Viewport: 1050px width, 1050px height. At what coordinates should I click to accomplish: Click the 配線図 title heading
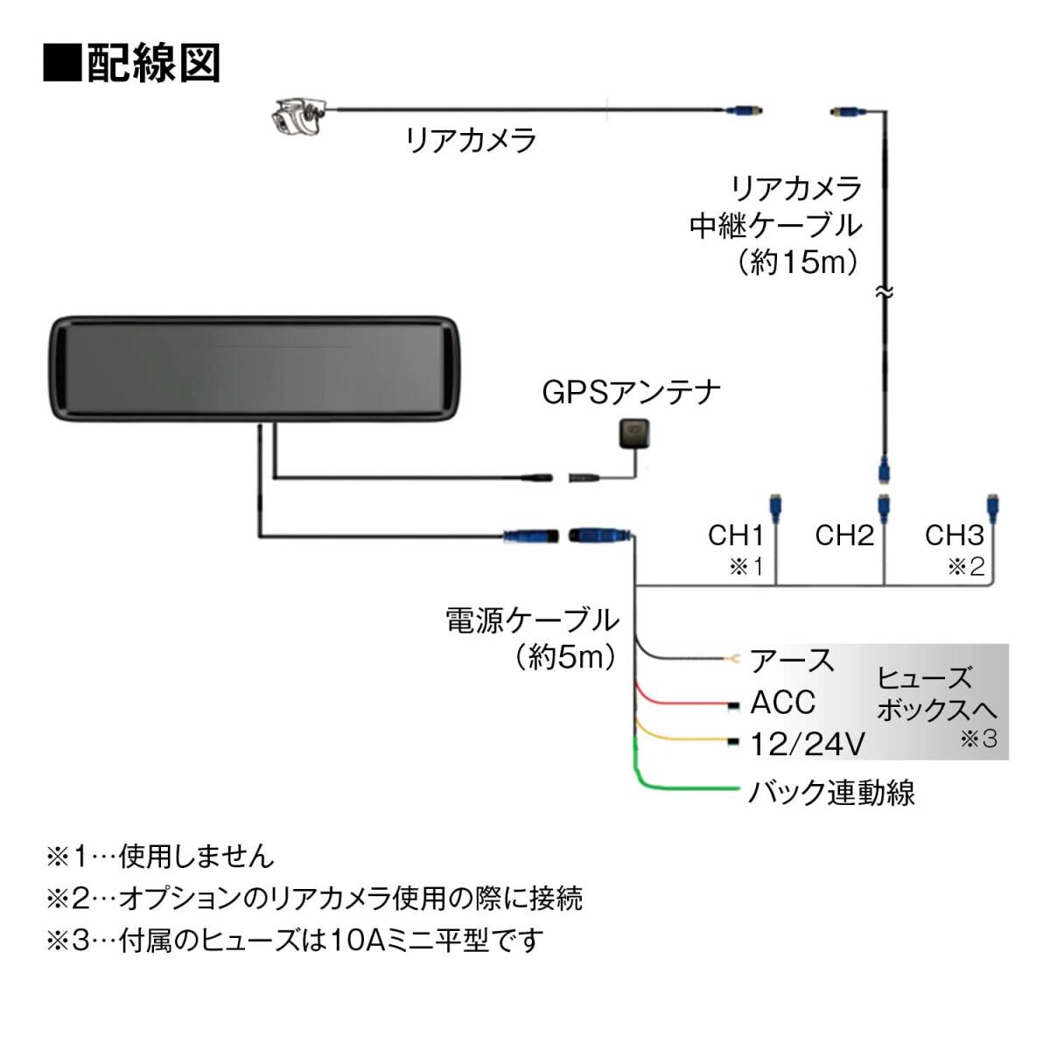click(x=132, y=64)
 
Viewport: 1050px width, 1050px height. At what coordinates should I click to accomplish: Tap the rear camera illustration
click(x=297, y=117)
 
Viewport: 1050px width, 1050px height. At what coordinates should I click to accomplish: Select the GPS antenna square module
click(x=631, y=436)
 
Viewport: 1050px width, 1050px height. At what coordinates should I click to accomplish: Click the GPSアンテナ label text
click(x=632, y=391)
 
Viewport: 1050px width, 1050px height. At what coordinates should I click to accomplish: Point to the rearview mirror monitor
click(x=254, y=368)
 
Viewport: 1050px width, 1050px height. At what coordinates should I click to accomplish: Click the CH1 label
click(x=736, y=535)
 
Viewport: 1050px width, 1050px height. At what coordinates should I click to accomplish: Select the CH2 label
click(x=844, y=535)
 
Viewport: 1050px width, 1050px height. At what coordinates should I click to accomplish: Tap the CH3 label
click(x=955, y=535)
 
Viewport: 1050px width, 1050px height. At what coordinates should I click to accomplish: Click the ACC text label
click(x=782, y=703)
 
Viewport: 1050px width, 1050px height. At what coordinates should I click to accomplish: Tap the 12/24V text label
click(x=808, y=745)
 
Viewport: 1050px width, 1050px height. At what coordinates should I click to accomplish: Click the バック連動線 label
click(x=831, y=793)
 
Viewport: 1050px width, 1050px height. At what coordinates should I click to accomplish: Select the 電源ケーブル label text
click(x=532, y=620)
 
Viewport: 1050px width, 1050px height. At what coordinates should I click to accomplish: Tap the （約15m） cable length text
click(x=796, y=262)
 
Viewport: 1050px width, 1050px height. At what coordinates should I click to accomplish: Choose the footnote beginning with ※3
click(x=294, y=941)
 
